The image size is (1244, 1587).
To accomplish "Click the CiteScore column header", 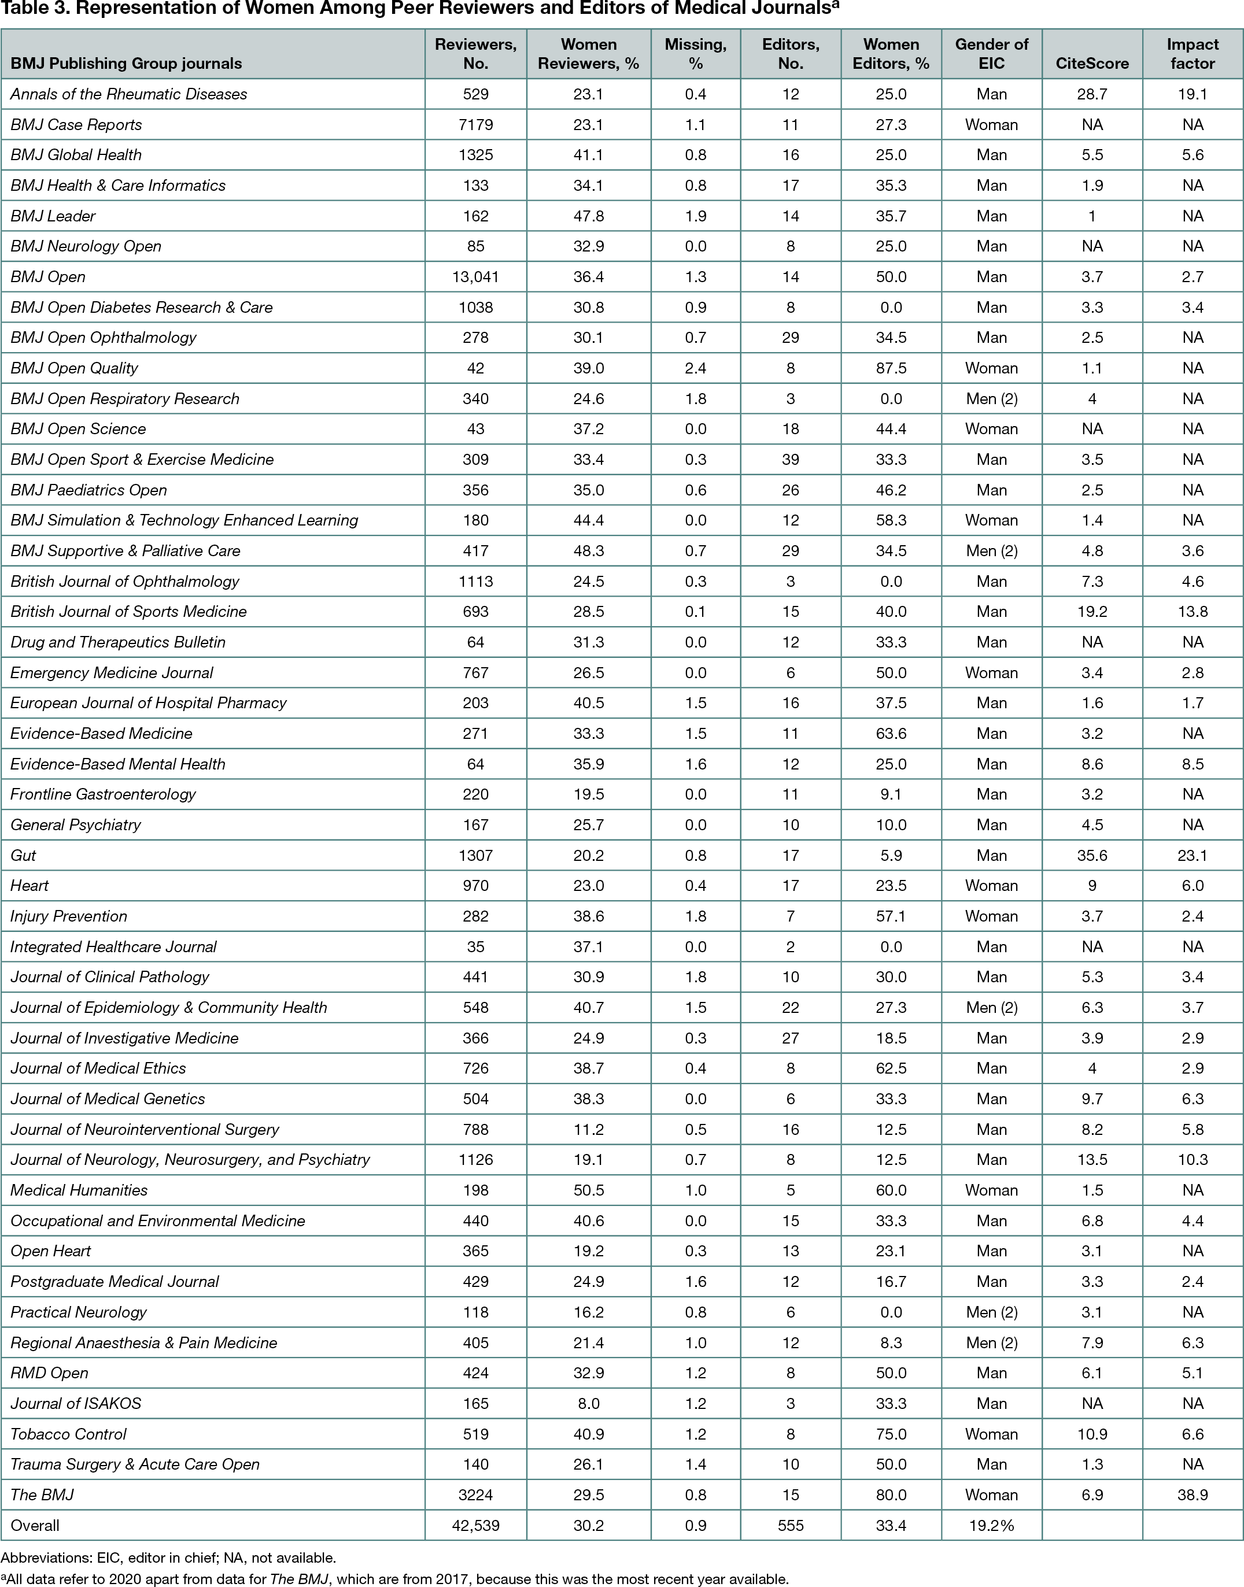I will click(x=1092, y=64).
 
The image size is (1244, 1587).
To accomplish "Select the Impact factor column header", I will click(x=1193, y=54).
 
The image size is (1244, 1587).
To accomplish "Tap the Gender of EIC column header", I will click(x=991, y=54).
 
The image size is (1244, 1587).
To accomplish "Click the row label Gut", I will click(x=23, y=856).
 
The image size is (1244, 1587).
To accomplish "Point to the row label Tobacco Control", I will click(x=68, y=1434).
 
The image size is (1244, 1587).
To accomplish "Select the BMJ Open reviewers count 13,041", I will click(x=475, y=276).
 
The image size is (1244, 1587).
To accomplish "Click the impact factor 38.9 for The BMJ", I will click(x=1193, y=1494).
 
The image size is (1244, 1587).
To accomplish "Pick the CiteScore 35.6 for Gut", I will click(x=1092, y=856).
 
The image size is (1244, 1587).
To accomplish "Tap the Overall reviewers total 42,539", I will click(x=475, y=1525).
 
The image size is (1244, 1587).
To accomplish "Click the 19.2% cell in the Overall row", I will click(x=991, y=1525).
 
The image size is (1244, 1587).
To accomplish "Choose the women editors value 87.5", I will click(x=891, y=368).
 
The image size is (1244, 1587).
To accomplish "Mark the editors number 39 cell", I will click(x=790, y=460).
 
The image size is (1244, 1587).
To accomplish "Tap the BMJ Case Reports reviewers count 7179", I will click(x=475, y=124).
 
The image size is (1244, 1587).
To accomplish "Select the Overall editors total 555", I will click(x=790, y=1525).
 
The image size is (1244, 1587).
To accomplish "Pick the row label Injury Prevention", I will click(x=68, y=916).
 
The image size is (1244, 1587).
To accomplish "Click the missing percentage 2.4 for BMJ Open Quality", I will click(x=696, y=368).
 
